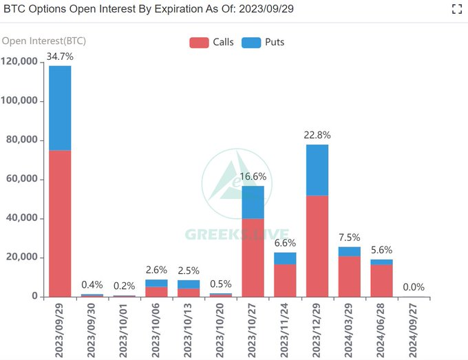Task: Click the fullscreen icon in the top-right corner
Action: (x=456, y=9)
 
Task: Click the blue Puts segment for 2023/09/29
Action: (x=60, y=107)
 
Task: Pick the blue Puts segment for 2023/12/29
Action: (x=317, y=170)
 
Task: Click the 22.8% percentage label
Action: (x=317, y=135)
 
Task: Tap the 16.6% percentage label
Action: (x=253, y=177)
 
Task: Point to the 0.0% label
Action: (x=414, y=287)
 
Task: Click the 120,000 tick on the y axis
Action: (x=20, y=62)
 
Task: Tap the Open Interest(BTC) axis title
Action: (x=44, y=41)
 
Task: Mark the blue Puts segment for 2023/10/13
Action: (x=189, y=284)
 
